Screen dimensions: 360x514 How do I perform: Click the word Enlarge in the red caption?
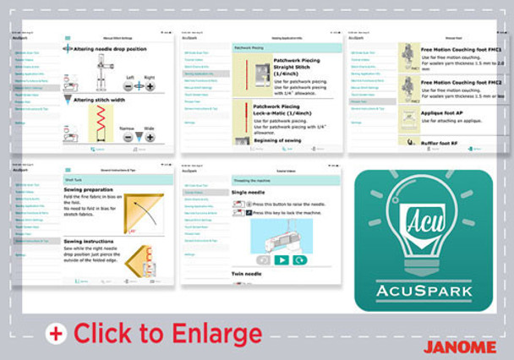click(213, 332)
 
